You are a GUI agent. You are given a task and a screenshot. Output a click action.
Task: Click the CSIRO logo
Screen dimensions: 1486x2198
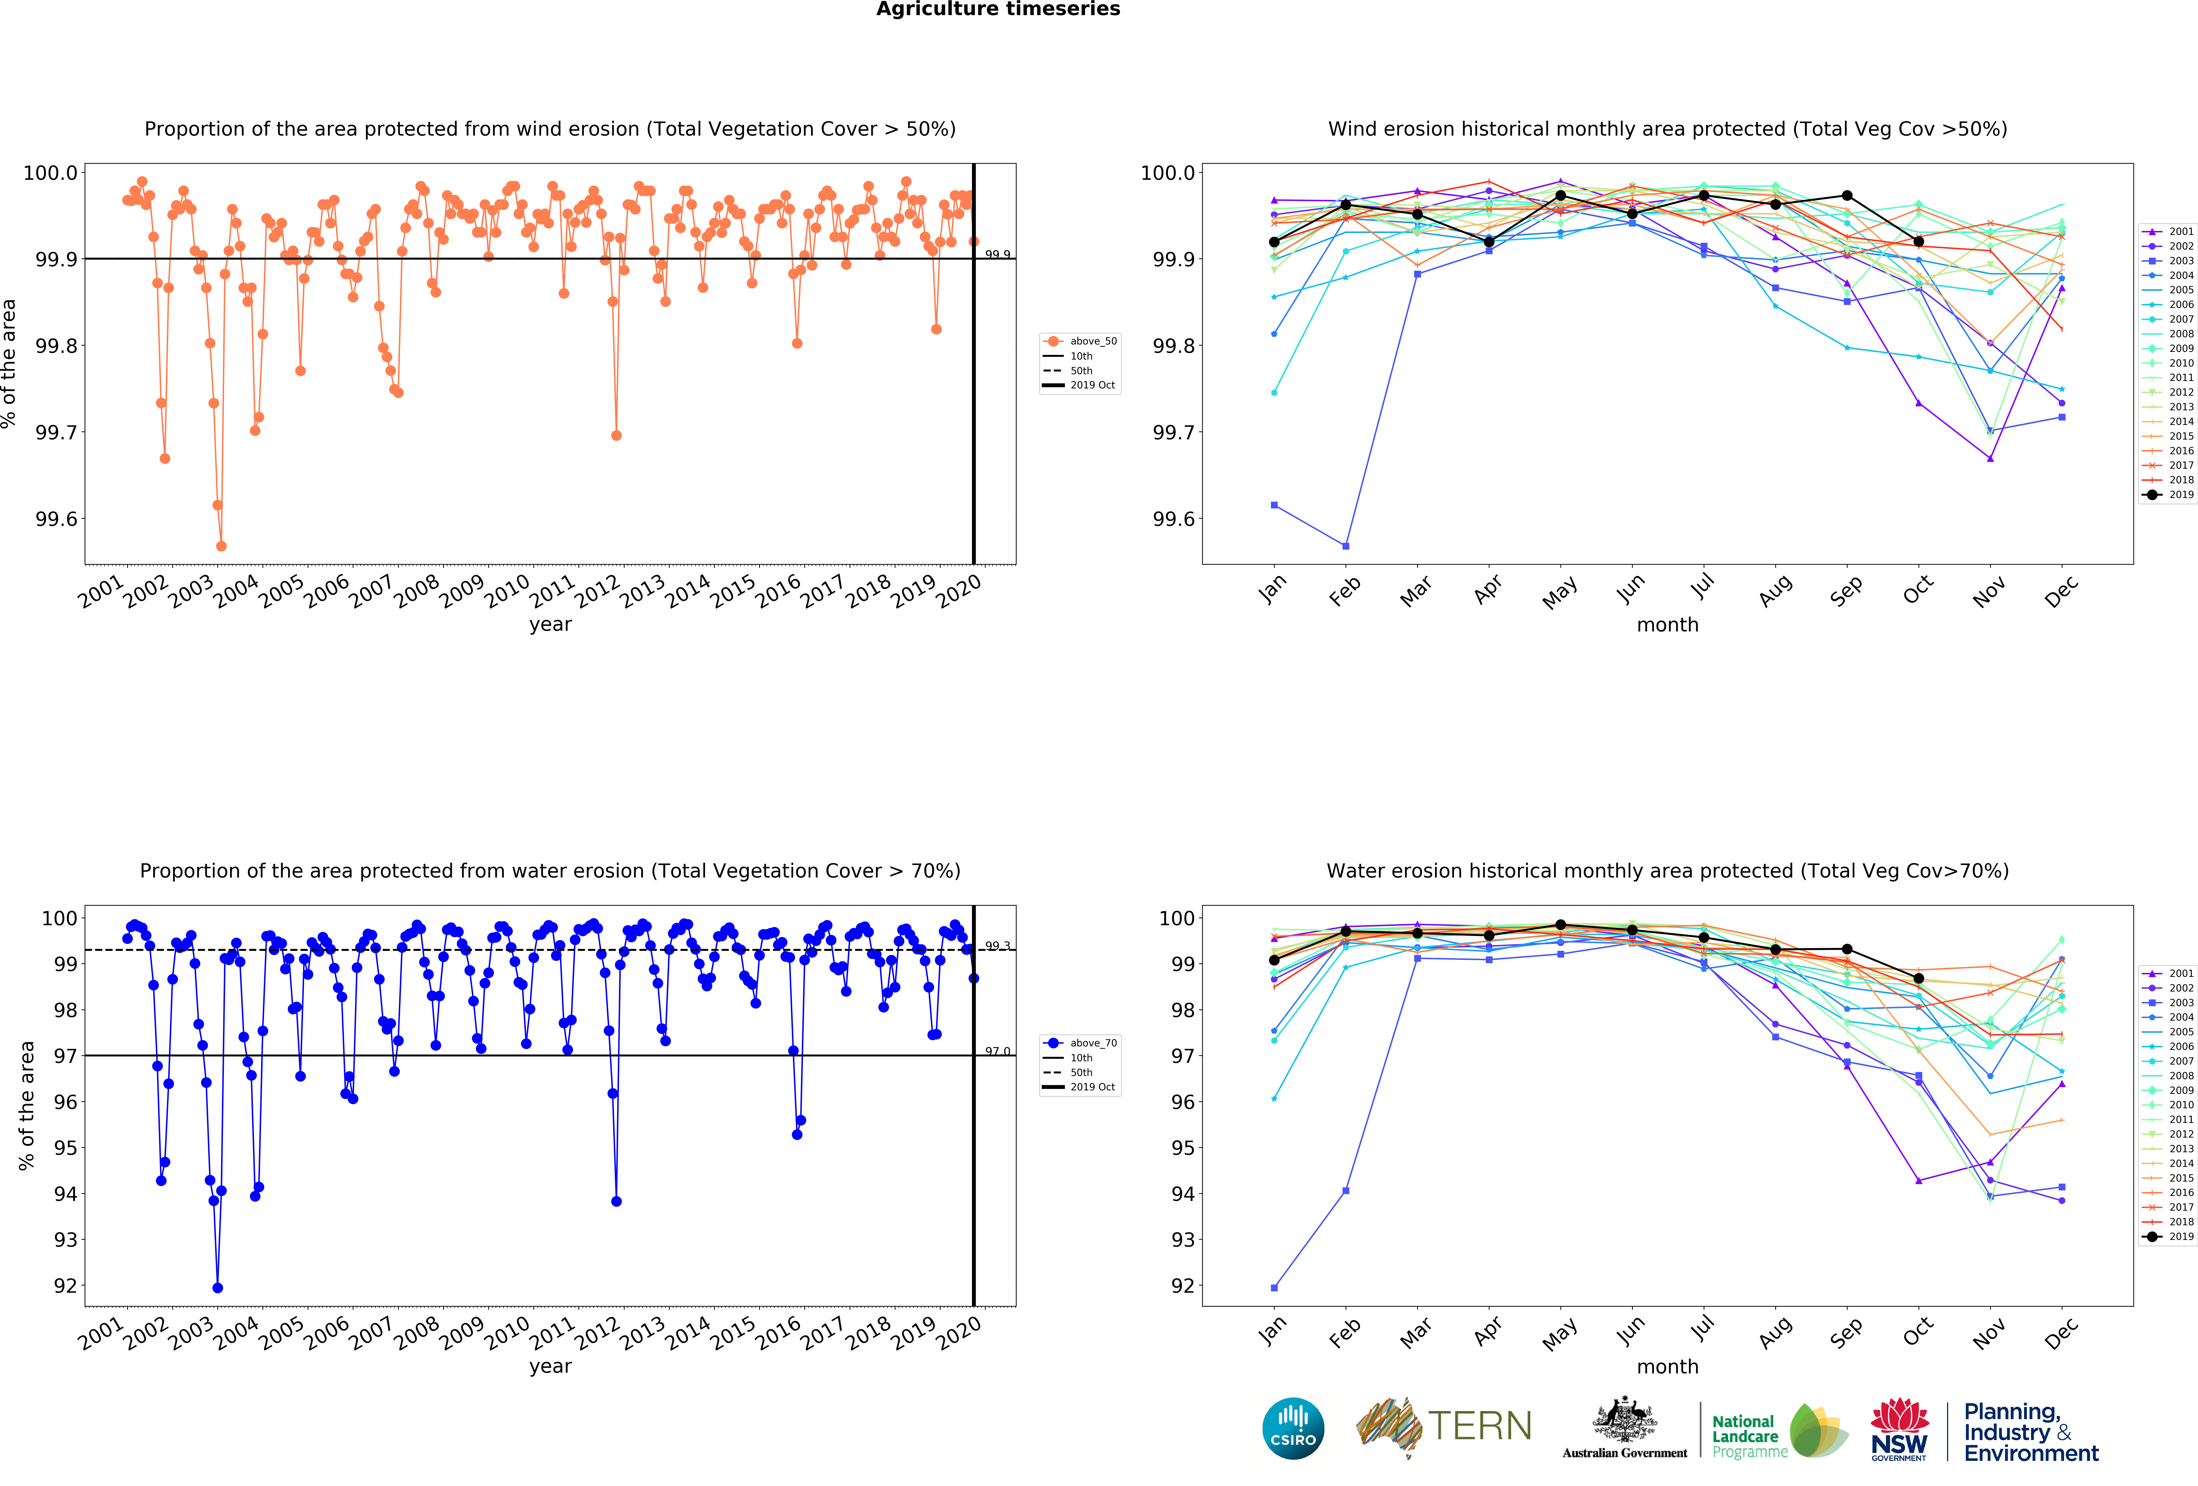(1293, 1428)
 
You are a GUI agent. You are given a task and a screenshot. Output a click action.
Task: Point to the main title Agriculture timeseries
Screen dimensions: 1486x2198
(998, 10)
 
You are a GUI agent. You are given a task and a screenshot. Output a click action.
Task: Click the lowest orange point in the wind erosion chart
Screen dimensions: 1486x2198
(221, 546)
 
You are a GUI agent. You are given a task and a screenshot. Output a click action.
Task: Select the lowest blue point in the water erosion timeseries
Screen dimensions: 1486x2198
(218, 1287)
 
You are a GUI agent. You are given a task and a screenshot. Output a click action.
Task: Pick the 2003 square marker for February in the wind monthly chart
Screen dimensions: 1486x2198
(1346, 546)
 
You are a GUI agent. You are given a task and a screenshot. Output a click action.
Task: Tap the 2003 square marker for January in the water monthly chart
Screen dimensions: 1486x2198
(1274, 1287)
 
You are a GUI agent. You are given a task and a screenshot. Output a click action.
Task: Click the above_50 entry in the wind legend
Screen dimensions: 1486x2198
(1092, 341)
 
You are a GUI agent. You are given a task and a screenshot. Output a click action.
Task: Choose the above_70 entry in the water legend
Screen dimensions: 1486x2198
(1092, 1043)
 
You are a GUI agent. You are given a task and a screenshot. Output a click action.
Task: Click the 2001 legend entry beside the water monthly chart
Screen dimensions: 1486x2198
(2180, 973)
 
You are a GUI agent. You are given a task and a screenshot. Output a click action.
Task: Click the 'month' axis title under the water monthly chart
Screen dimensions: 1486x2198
(1667, 1367)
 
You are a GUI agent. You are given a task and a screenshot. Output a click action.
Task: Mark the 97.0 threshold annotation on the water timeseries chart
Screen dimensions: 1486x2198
(997, 1051)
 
